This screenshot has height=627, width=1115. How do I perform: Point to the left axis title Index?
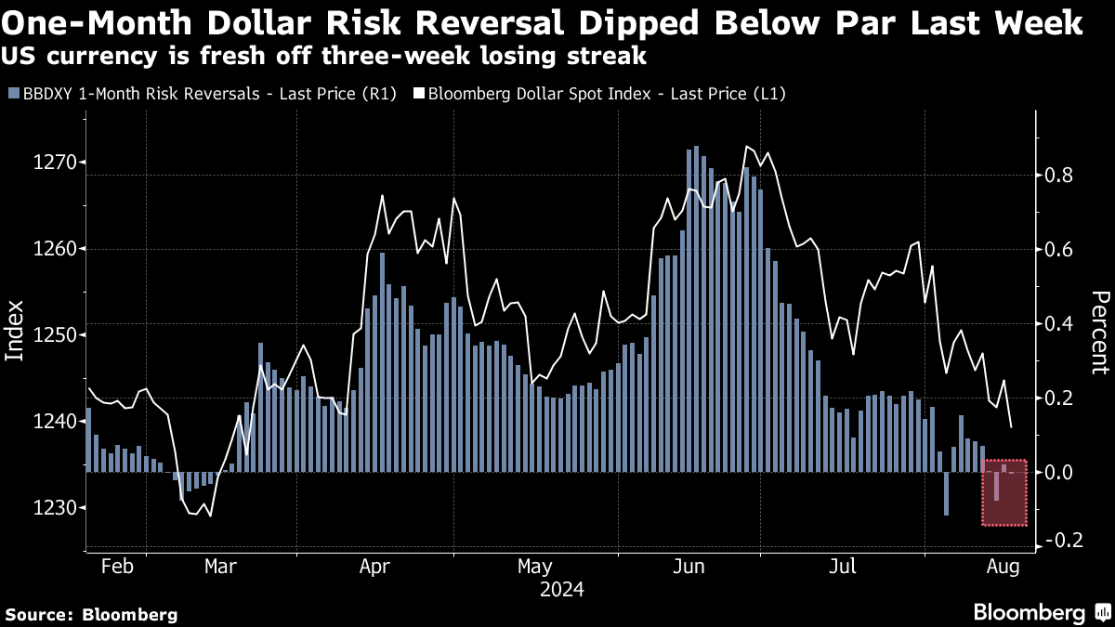point(15,330)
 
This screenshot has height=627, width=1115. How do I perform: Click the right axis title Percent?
point(1100,332)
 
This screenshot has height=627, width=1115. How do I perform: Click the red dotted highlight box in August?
point(1004,492)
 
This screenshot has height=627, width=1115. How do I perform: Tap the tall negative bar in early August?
point(946,493)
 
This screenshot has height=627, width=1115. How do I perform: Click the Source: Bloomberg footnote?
point(91,614)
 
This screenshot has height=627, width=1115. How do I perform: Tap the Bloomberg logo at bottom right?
point(1040,612)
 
